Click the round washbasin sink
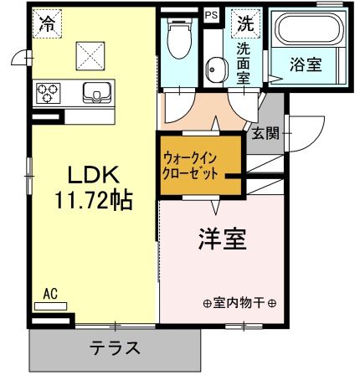pos(214,72)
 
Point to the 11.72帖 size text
pos(92,201)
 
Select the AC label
pos(49,294)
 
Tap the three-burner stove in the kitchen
pos(48,92)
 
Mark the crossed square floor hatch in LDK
pos(90,55)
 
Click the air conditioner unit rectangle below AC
pos(50,306)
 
